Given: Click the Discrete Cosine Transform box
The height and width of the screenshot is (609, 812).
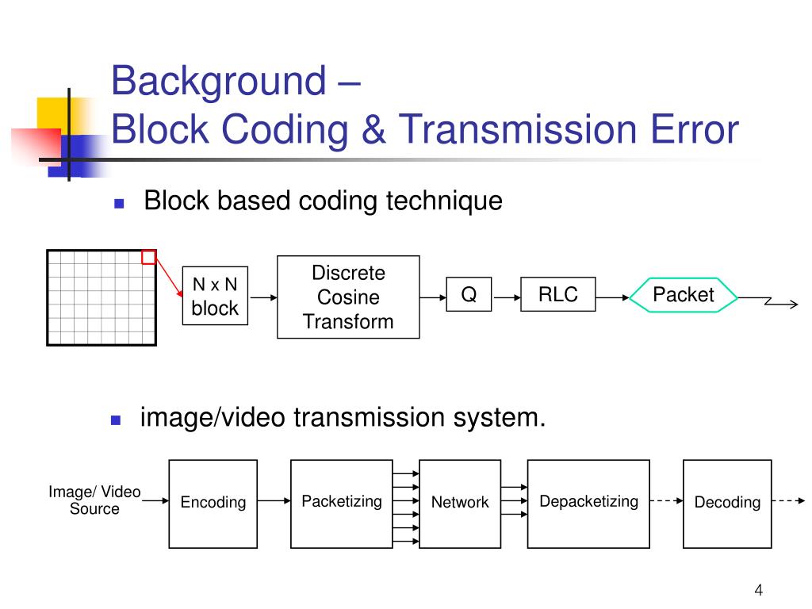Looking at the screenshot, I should [348, 297].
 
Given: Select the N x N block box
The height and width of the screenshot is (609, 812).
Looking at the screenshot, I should [215, 296].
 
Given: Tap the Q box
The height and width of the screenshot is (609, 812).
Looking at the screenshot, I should [469, 295].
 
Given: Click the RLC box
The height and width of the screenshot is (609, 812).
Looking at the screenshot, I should [557, 295].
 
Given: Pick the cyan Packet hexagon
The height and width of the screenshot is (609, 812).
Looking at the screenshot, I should [683, 295].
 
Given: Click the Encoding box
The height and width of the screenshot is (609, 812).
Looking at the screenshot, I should [213, 503].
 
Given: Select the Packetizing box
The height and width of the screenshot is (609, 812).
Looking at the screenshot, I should [342, 503].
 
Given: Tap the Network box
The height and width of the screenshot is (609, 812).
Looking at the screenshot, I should [460, 503].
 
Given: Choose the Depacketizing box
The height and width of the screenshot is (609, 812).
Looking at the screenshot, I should [588, 503].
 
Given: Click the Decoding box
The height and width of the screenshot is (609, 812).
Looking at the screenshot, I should [727, 503].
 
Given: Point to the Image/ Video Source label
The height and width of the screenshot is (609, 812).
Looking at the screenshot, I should [94, 501].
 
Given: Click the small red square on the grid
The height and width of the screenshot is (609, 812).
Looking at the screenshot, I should [148, 257].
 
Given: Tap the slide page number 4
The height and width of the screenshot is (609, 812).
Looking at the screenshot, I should [758, 589].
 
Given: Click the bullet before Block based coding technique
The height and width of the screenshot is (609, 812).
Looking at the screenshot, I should [120, 203].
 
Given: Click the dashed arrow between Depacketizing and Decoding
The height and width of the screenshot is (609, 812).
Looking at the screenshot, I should [666, 501].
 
